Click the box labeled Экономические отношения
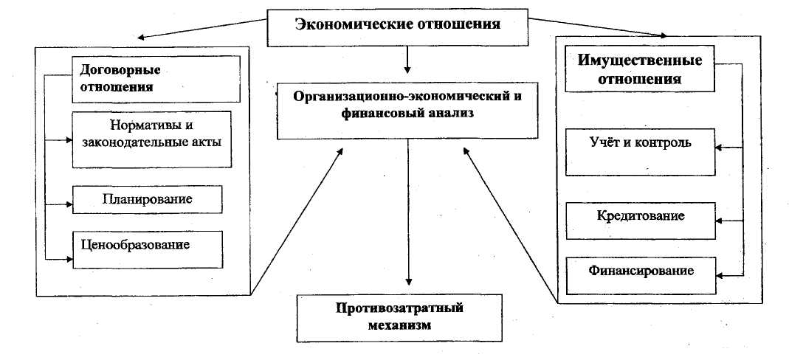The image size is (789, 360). point(398,27)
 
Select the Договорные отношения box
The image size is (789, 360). point(156,78)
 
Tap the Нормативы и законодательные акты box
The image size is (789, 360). point(152,139)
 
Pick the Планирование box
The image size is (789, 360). point(148,200)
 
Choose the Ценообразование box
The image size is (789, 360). point(148,249)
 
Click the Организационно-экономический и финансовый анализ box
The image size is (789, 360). point(407,111)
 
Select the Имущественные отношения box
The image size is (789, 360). point(640,70)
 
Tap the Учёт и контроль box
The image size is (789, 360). point(640,152)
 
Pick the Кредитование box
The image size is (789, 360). point(640,221)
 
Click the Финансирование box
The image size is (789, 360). point(641,275)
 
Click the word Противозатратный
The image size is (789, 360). point(399,308)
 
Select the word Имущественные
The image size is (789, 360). point(640,61)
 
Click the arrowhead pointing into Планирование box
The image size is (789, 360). point(69,204)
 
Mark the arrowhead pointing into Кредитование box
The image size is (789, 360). point(720,221)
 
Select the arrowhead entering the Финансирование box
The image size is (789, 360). point(720,276)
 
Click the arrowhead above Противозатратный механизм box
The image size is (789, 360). point(408,282)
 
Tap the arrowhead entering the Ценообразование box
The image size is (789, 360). point(69,259)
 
